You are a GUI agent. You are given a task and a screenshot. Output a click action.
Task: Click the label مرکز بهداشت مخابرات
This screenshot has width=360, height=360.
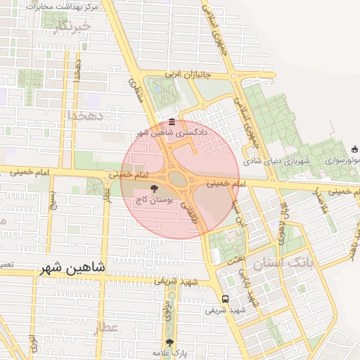coord(63,6)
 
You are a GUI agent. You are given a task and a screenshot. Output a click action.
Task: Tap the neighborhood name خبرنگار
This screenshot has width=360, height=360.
coord(72,27)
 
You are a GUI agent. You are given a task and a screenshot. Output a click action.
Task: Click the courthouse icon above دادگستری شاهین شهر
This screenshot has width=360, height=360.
coord(172,122)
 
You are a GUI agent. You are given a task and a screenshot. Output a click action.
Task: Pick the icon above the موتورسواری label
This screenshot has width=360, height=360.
coord(354,148)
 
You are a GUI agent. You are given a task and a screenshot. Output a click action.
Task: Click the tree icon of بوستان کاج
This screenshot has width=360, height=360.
coord(155,188)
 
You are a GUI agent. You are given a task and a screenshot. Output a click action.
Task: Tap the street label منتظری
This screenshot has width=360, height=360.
coord(136,90)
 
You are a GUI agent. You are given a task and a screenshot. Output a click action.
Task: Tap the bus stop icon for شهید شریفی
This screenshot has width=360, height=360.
coord(224,298)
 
